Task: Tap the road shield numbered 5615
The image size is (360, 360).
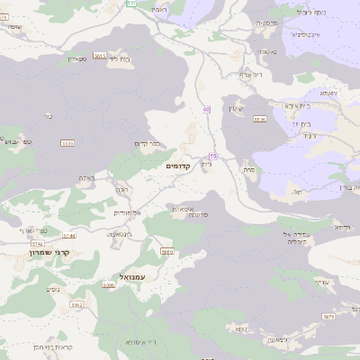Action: tap(99, 55)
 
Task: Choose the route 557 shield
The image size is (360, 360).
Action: tap(132, 4)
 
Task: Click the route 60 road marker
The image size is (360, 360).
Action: tap(206, 110)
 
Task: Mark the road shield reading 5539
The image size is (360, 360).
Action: tap(260, 118)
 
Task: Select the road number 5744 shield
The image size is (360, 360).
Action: tap(45, 235)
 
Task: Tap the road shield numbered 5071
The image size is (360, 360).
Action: tap(328, 317)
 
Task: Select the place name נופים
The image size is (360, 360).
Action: tap(53, 289)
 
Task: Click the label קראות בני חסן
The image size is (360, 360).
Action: tap(37, 346)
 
